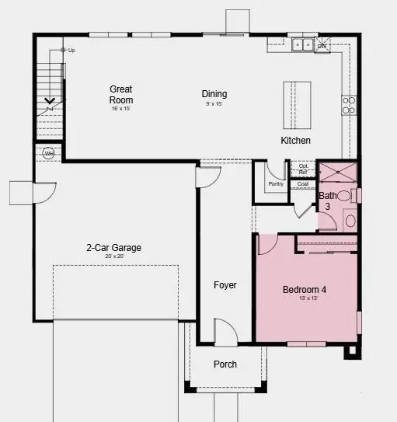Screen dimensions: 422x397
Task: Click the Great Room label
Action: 121,94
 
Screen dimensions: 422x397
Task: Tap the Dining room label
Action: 214,93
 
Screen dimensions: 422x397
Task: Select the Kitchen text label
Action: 295,141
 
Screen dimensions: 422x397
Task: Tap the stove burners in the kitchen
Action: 348,104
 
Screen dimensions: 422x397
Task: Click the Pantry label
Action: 276,184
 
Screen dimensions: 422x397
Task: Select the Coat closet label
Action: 303,184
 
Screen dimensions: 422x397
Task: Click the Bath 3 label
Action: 328,201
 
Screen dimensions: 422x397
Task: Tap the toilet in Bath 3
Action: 350,221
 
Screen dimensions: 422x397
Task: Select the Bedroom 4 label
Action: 304,290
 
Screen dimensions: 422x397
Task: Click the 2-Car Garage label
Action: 113,249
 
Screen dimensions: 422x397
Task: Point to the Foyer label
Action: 225,285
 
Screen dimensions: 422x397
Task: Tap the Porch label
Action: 225,364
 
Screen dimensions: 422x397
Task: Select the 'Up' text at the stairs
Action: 71,51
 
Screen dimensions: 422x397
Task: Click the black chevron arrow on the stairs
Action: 49,100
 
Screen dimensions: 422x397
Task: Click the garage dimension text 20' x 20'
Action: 113,256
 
